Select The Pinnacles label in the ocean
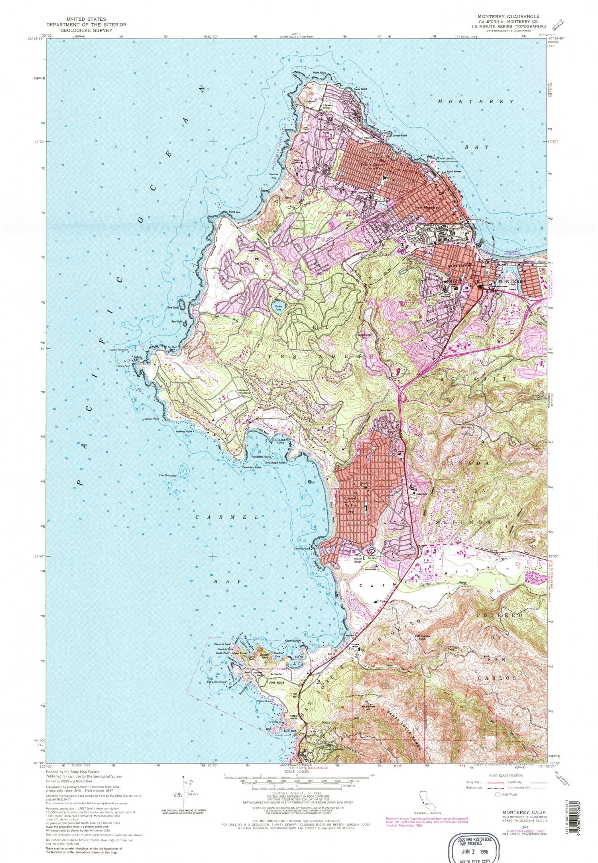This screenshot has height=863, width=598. click(167, 475)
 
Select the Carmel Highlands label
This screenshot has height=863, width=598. click(321, 749)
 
